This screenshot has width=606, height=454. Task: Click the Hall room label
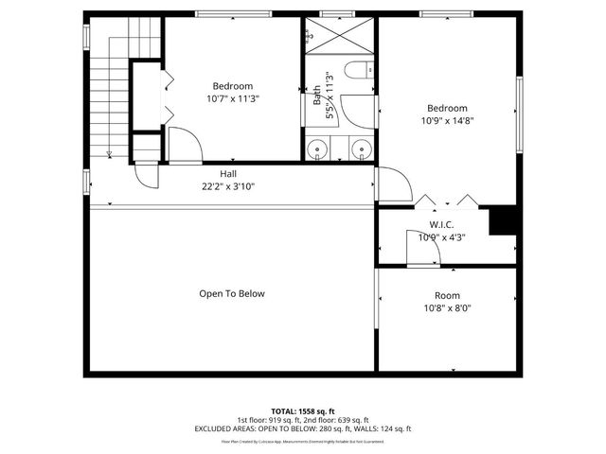[x=228, y=174]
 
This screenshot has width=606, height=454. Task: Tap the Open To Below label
[x=232, y=293]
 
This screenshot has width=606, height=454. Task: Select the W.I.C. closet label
[x=442, y=224]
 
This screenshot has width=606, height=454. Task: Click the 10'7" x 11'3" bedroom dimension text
[x=233, y=97]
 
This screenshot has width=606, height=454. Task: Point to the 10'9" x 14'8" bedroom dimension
[x=447, y=120]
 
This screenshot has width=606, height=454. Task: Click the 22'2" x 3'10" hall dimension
[x=228, y=186]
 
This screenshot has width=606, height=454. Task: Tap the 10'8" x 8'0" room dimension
[x=447, y=307]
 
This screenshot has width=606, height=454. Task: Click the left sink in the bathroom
[x=317, y=148]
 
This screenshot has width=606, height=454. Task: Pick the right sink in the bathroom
[x=361, y=148]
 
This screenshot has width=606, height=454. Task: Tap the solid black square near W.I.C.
[x=502, y=220]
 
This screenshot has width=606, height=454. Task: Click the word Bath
[x=316, y=95]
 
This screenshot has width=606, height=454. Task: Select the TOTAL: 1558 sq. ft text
[x=303, y=410]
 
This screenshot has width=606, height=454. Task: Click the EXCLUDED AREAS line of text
[x=303, y=429]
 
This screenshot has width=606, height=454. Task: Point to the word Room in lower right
[x=447, y=295]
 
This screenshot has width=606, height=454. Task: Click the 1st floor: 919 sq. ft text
[x=268, y=420]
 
